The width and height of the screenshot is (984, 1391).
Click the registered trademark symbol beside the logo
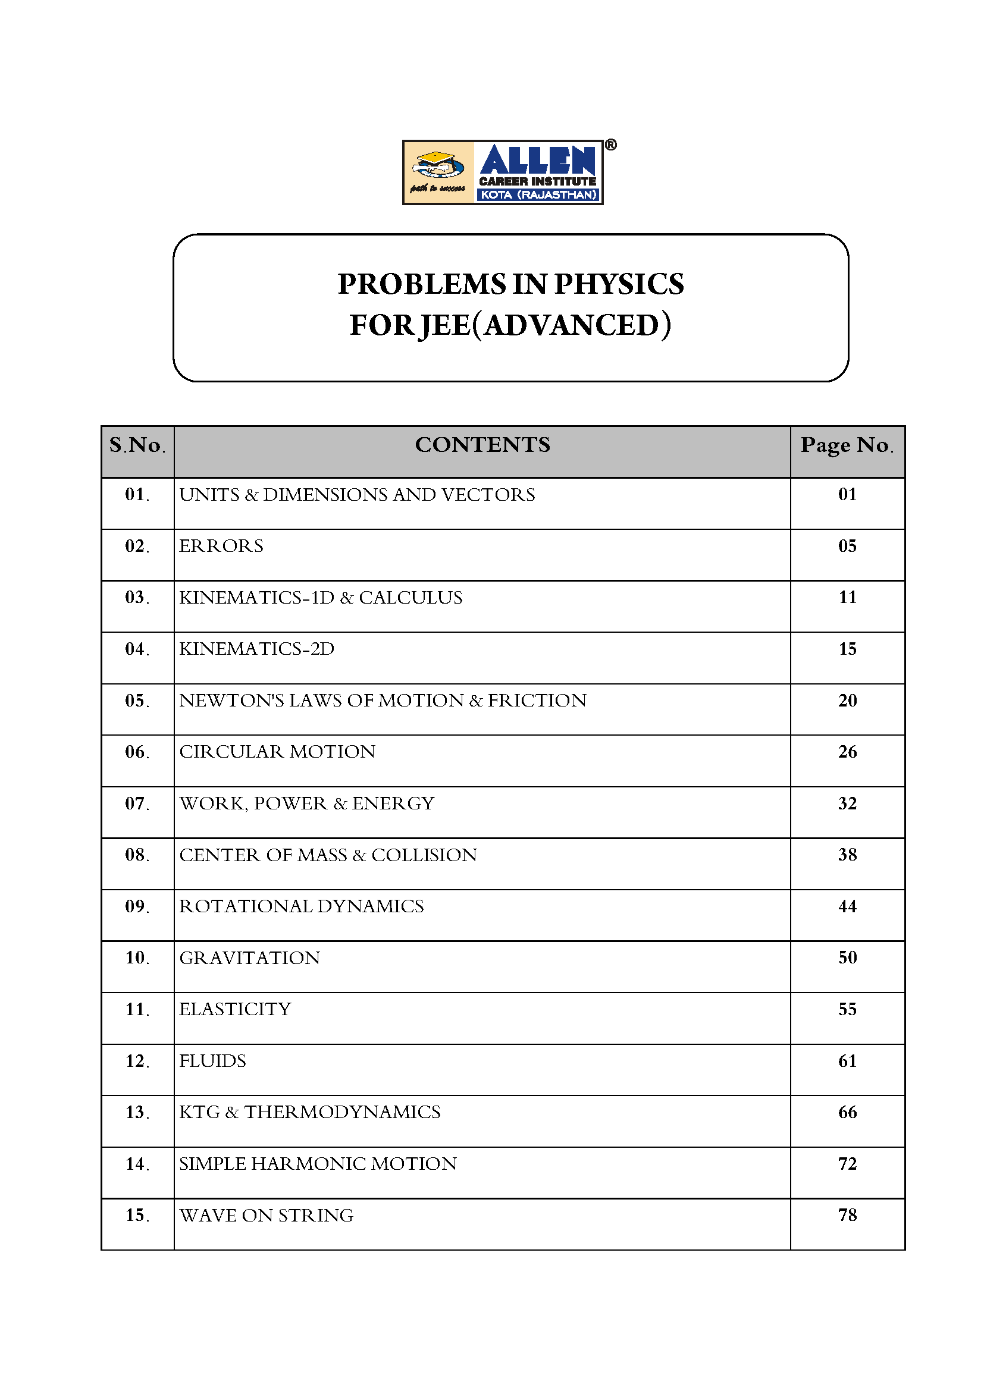click(x=611, y=145)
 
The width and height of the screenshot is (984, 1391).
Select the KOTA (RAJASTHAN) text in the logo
click(x=538, y=195)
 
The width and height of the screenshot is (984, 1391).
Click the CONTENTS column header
click(x=482, y=445)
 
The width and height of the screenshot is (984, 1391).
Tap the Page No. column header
click(x=847, y=445)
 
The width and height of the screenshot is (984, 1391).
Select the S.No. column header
click(x=137, y=445)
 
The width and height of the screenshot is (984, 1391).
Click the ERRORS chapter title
click(x=221, y=546)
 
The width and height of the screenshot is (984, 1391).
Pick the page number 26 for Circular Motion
click(x=847, y=752)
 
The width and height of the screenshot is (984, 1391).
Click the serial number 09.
click(x=137, y=906)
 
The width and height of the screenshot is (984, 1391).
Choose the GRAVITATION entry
click(x=250, y=958)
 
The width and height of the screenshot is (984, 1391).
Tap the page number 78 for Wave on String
click(x=847, y=1216)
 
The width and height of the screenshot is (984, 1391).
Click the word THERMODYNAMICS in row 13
click(x=342, y=1112)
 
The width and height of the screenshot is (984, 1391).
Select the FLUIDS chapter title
click(x=212, y=1061)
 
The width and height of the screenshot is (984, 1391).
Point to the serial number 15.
click(x=137, y=1216)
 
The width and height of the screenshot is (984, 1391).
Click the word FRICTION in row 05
click(x=537, y=701)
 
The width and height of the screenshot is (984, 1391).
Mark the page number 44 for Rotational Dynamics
click(x=847, y=906)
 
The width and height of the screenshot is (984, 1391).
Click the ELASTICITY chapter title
click(x=235, y=1009)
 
